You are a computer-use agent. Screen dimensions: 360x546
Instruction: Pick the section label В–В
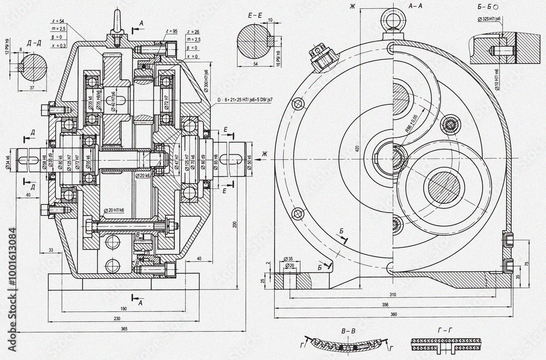347,331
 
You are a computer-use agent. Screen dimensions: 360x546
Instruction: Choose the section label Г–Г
445,331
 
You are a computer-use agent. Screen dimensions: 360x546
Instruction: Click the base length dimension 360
394,314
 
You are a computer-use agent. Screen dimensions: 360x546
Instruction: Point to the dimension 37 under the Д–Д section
33,87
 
